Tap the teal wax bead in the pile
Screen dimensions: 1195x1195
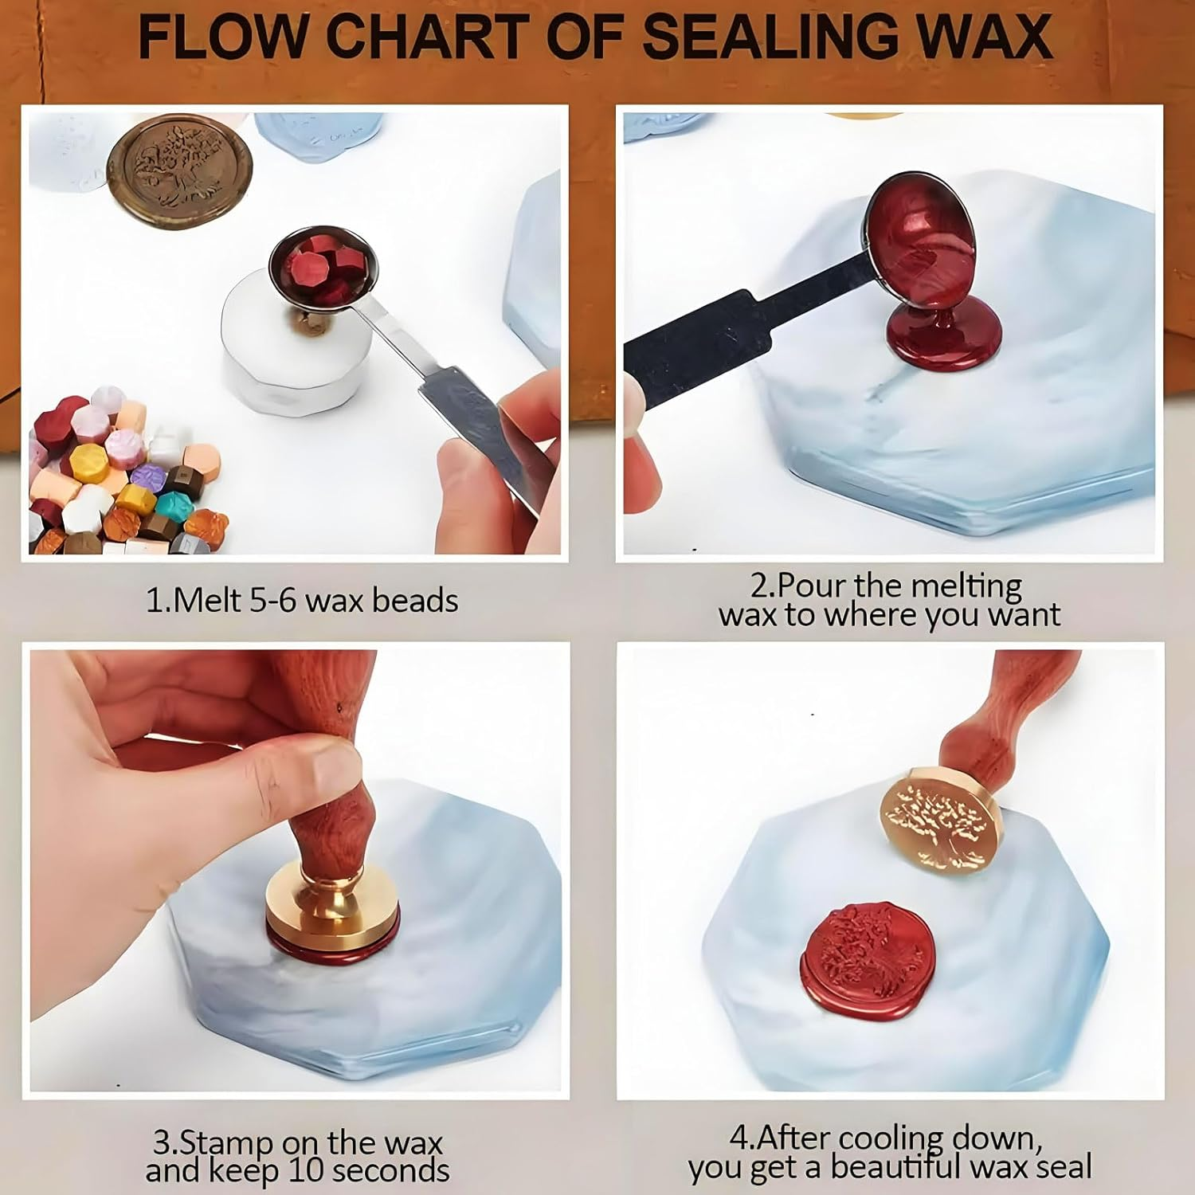(170, 504)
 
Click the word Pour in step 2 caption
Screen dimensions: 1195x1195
(812, 586)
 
